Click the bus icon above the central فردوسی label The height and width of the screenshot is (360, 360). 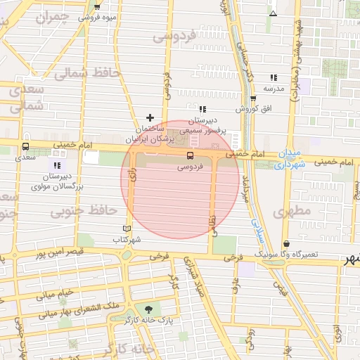tap(190, 155)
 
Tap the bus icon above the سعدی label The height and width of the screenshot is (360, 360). tap(26, 147)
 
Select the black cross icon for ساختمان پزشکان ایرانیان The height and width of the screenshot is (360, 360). tap(149, 117)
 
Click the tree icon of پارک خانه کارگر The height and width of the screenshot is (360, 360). tap(148, 309)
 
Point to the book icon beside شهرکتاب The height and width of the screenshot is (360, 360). tap(127, 229)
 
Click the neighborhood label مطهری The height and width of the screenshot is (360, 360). tap(292, 210)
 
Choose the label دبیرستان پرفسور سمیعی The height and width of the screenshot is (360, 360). tap(203, 126)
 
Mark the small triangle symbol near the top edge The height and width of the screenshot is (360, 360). tap(274, 13)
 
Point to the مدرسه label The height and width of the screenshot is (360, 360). tap(273, 89)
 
